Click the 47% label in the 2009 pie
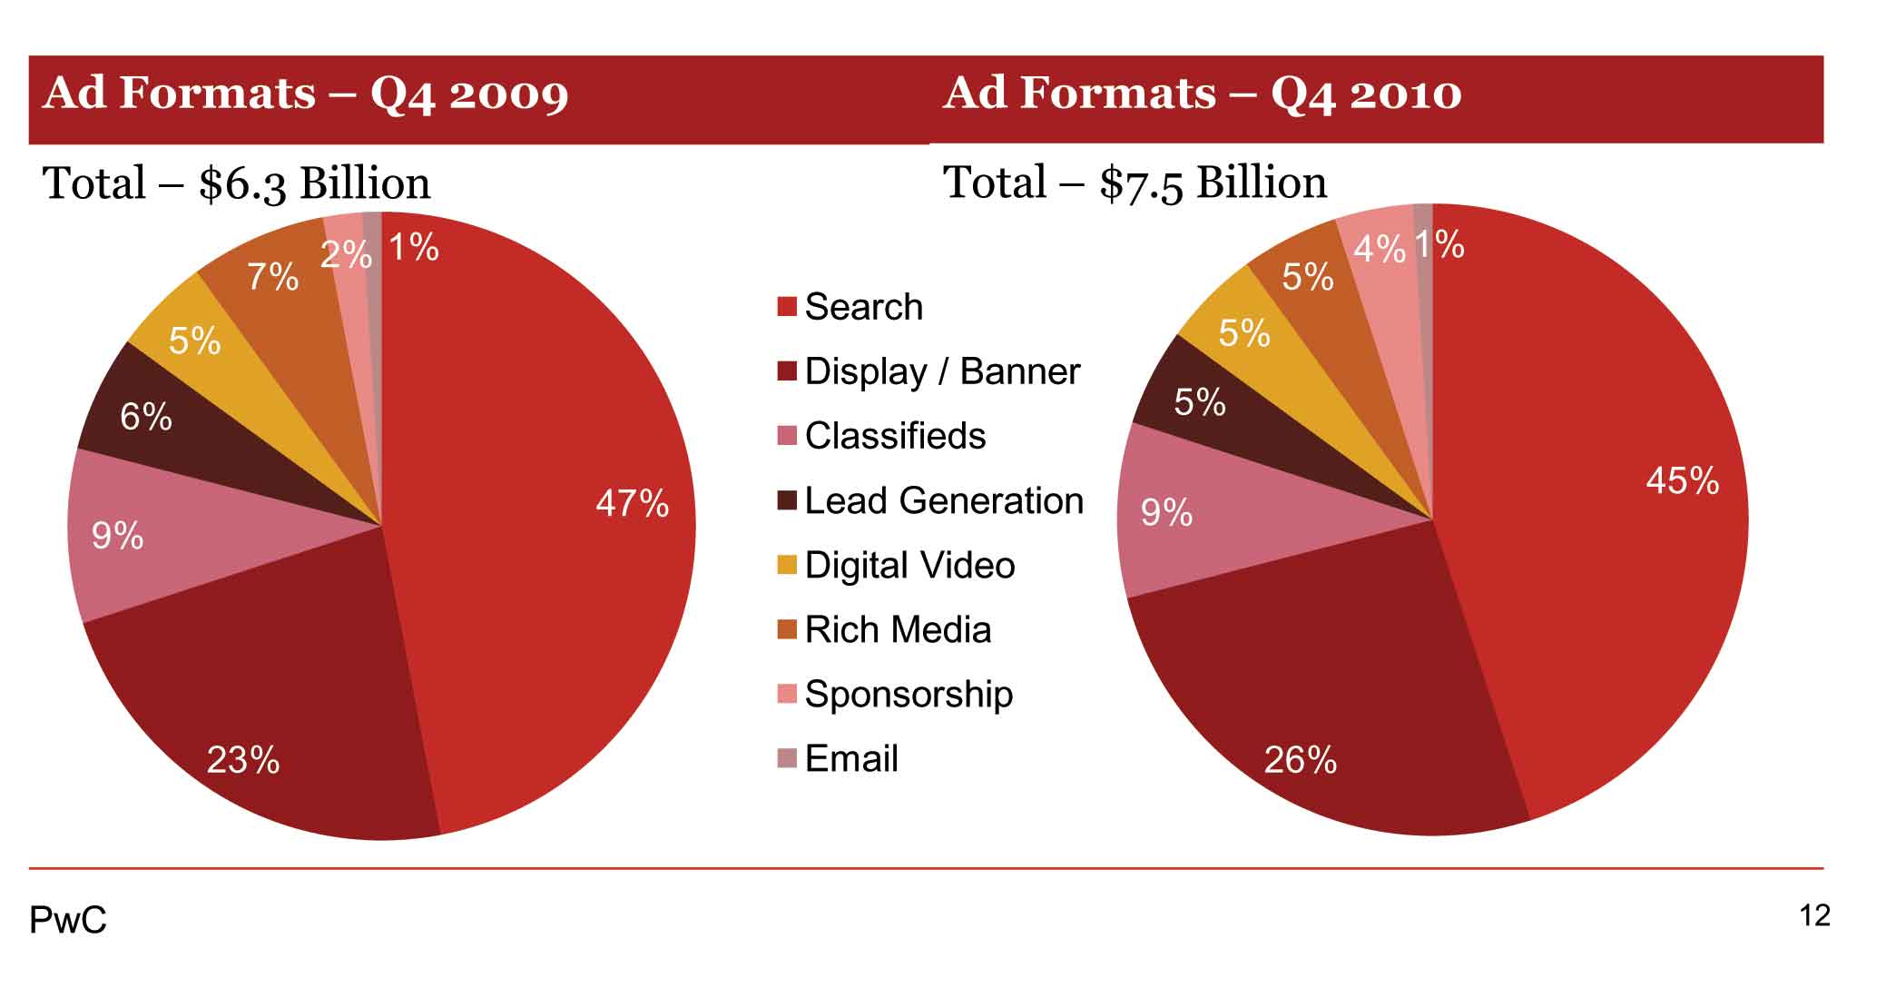point(632,503)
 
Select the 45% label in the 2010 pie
point(1682,480)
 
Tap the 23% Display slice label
point(243,759)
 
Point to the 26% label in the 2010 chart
point(1300,759)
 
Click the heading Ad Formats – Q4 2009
point(306,94)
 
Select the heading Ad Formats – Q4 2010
point(1203,94)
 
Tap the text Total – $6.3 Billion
point(237,183)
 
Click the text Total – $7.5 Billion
point(1135,183)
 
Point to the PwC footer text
point(68,920)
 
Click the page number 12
point(1814,915)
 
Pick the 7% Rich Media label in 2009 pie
point(273,276)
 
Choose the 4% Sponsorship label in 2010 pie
point(1379,248)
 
